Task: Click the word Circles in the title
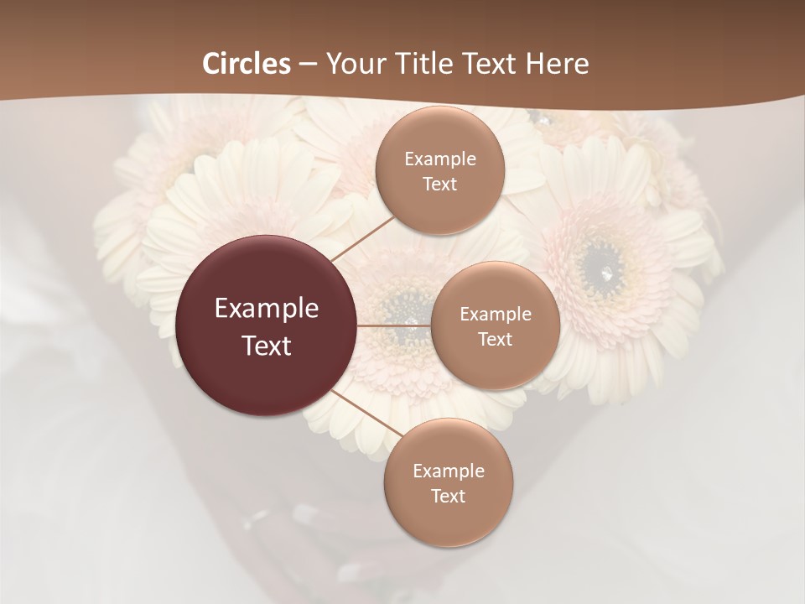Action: click(x=247, y=64)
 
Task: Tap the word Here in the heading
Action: click(x=558, y=64)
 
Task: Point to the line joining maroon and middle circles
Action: click(x=394, y=325)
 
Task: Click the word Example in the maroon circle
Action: click(x=267, y=309)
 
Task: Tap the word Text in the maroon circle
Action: click(x=267, y=346)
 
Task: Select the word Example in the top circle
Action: click(x=440, y=159)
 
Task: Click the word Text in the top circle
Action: click(x=440, y=184)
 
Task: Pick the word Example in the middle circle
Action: click(x=495, y=315)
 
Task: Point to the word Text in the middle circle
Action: click(x=495, y=339)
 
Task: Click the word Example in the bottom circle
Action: click(x=448, y=471)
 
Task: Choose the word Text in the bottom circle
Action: click(x=448, y=496)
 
